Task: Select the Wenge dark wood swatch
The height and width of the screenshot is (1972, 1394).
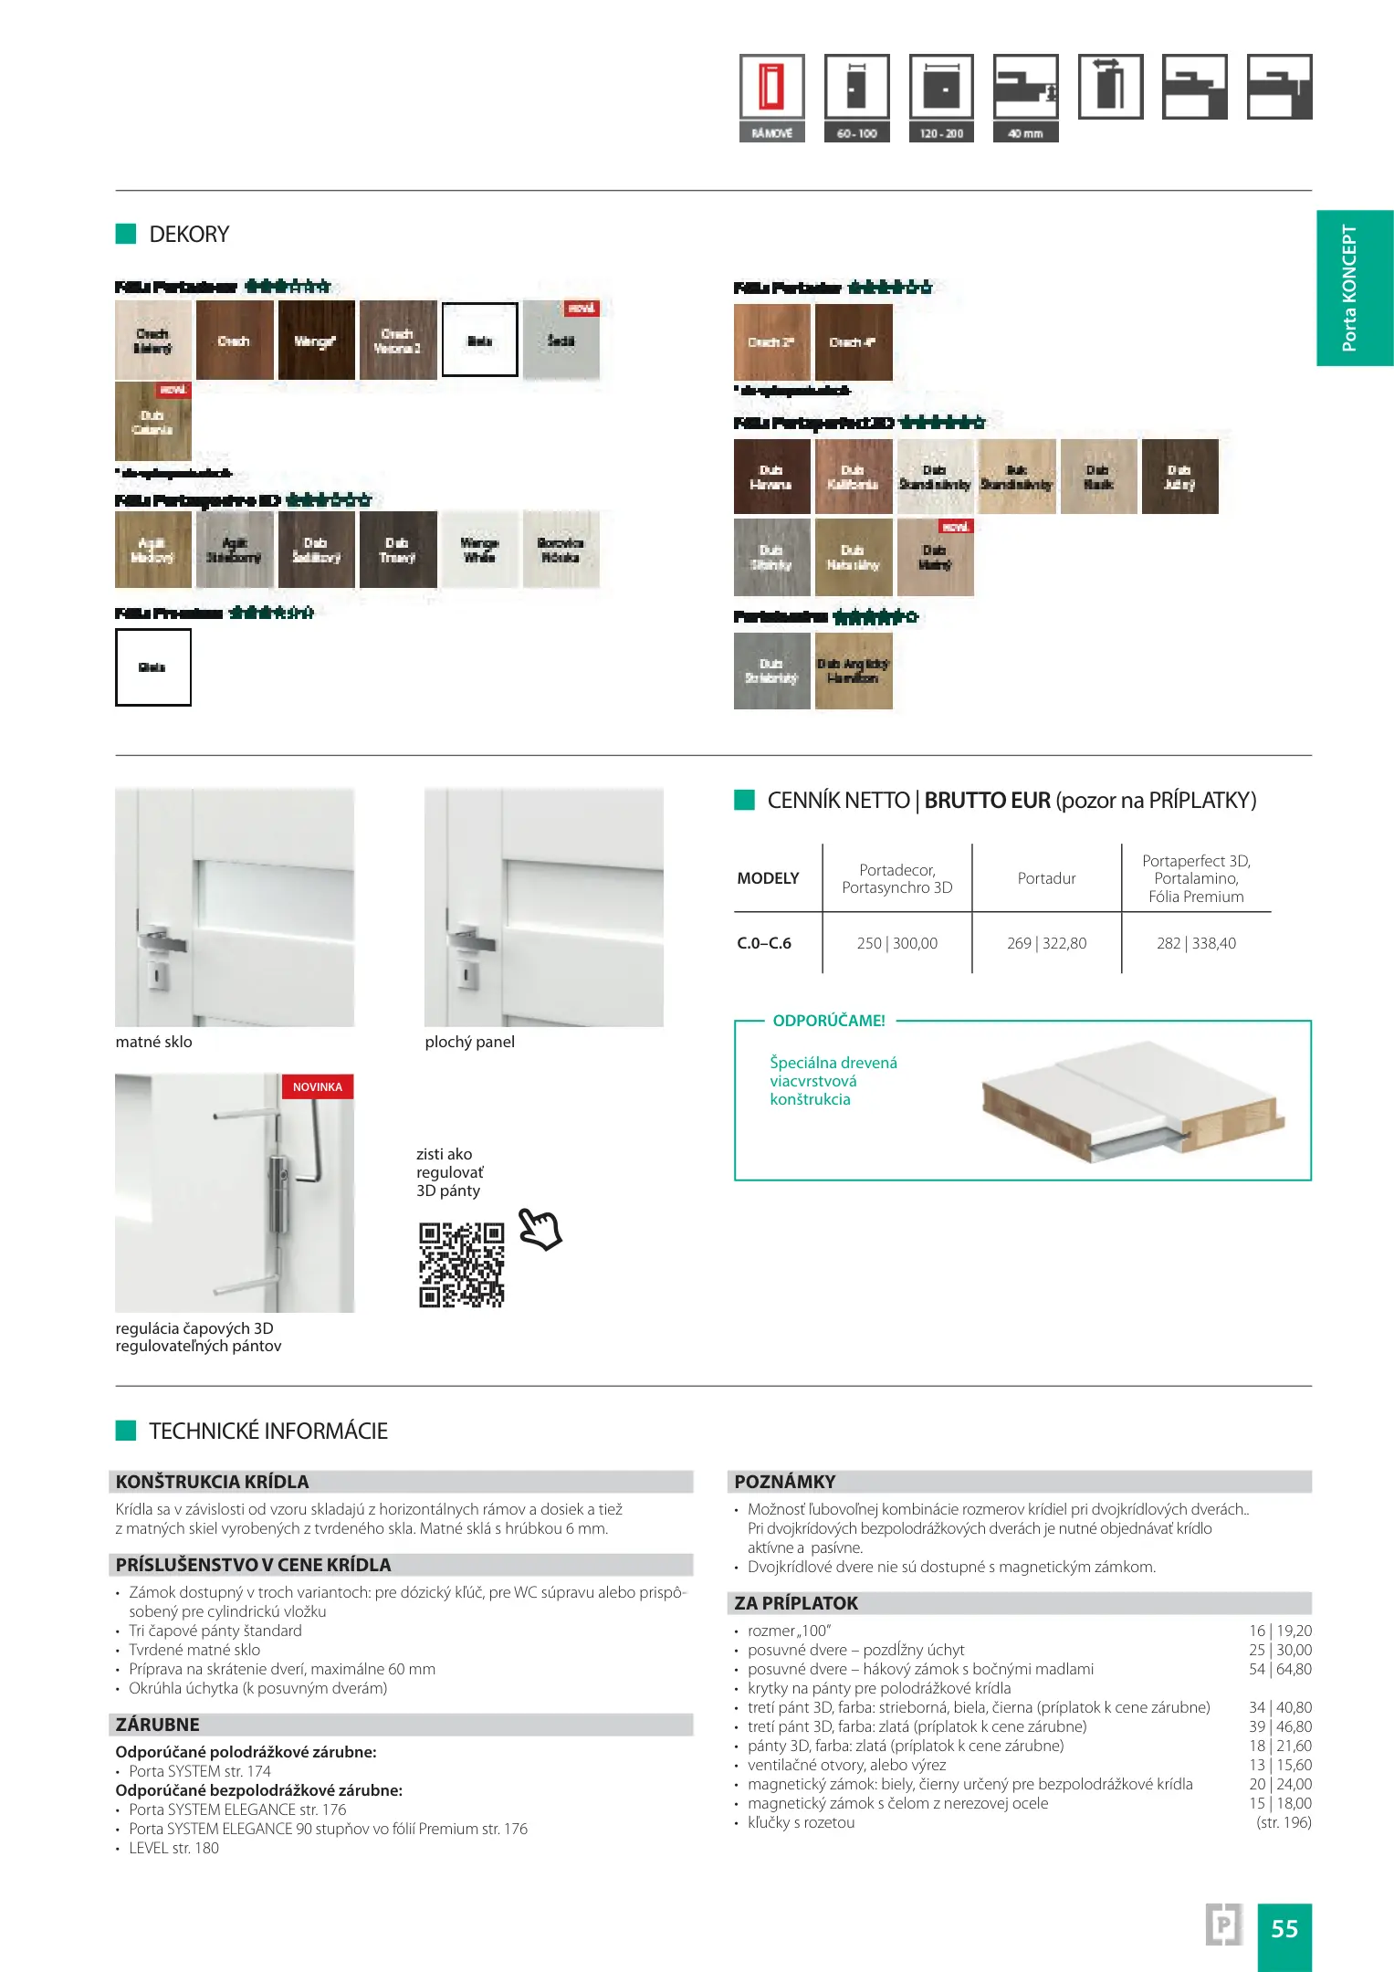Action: pyautogui.click(x=316, y=341)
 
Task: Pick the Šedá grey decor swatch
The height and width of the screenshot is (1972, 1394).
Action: pyautogui.click(x=561, y=341)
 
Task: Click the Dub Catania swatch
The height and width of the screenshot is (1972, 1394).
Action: pyautogui.click(x=152, y=422)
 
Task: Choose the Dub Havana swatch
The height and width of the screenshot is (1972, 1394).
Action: pyautogui.click(x=771, y=477)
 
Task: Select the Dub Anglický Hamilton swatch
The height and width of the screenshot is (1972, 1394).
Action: pyautogui.click(x=853, y=671)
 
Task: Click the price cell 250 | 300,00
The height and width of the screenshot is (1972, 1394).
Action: pyautogui.click(x=896, y=943)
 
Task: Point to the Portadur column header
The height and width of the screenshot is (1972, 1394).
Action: pyautogui.click(x=1046, y=878)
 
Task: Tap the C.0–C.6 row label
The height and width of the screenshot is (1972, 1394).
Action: pyautogui.click(x=764, y=943)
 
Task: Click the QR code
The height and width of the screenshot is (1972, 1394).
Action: pyautogui.click(x=461, y=1264)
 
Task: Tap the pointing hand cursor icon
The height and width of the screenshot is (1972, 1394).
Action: pyautogui.click(x=540, y=1229)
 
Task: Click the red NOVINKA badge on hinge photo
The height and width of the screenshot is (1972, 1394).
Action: pyautogui.click(x=317, y=1086)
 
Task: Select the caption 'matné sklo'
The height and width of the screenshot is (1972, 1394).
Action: pyautogui.click(x=153, y=1042)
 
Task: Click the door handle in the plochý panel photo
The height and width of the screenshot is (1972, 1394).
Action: pyautogui.click(x=469, y=940)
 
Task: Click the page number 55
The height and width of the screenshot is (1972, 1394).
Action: pyautogui.click(x=1284, y=1928)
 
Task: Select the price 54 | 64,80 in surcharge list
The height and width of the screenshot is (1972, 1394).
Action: pyautogui.click(x=1280, y=1669)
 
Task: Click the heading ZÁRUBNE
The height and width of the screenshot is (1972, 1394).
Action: pyautogui.click(x=157, y=1725)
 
